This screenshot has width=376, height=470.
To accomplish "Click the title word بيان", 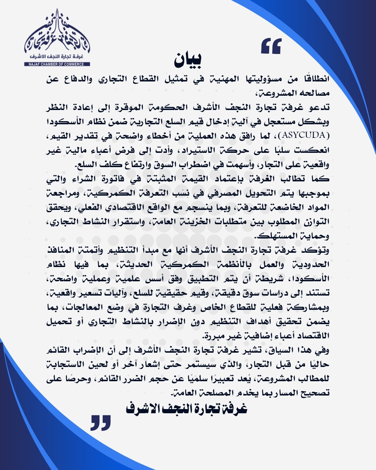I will coord(188,60).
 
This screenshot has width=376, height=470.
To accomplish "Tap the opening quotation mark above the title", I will coord(271,46).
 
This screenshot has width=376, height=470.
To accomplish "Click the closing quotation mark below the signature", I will coord(101,422).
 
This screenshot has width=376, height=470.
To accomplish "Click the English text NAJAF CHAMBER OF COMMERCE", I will coord(57,64).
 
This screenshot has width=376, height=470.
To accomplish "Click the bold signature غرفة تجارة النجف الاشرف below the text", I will coord(187,408).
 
